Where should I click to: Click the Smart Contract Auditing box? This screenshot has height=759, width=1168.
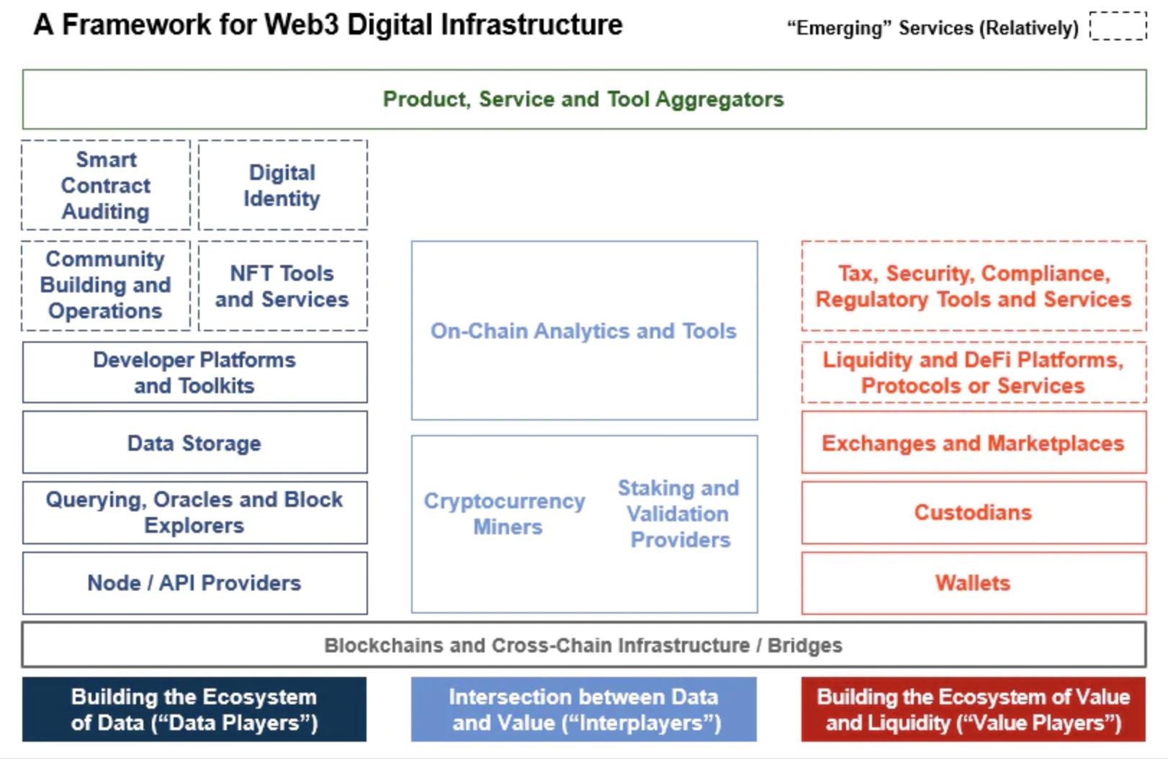coord(106,185)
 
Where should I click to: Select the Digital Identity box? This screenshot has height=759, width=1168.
coord(282,185)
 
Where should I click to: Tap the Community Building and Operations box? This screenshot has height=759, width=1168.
coord(106,286)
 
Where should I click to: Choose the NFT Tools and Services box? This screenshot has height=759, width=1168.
coord(282,286)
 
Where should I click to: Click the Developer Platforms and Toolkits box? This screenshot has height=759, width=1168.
coord(194,372)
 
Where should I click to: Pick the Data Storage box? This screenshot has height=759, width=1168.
coord(194,443)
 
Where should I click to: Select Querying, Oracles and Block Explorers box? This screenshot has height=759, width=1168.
coord(194,513)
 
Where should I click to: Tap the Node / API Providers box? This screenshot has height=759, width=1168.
coord(194,583)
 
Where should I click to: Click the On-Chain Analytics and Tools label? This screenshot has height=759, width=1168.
coord(583,331)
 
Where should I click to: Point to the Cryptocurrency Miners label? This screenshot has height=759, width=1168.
coord(505,514)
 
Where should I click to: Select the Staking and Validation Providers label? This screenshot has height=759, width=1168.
coord(679,514)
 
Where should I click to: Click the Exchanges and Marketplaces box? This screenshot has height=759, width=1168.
coord(974,443)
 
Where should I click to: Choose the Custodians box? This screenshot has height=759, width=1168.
coord(974,513)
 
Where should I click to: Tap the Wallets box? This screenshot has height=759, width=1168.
coord(974,583)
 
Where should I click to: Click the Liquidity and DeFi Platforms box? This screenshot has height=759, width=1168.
coord(974,372)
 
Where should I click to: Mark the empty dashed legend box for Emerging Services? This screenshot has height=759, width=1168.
coord(1118,25)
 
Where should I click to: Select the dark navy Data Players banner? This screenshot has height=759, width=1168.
coord(194,709)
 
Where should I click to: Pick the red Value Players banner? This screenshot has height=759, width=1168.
coord(974,709)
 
